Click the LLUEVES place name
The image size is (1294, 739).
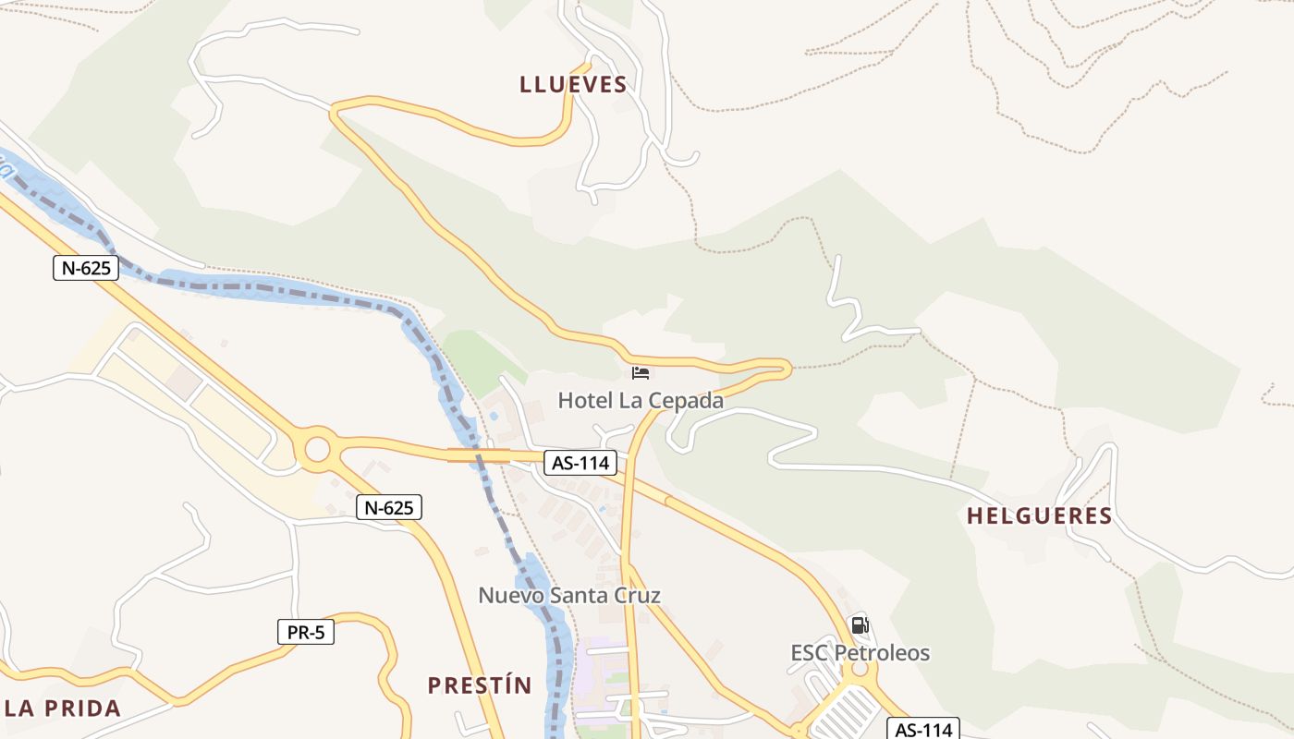point(573,85)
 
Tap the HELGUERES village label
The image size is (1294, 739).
point(1039,515)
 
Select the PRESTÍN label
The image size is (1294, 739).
point(480,685)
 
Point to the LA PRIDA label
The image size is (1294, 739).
point(63,709)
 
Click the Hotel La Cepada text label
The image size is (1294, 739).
point(641,401)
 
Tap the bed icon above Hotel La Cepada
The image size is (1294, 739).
point(641,373)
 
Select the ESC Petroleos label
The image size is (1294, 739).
point(860,653)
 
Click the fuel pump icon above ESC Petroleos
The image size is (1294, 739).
point(860,625)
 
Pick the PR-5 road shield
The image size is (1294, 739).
point(306,633)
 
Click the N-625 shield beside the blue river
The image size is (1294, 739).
point(86,269)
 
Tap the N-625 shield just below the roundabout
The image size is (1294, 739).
point(389,507)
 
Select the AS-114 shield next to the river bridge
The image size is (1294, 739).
point(580,463)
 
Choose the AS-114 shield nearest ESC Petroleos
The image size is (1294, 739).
point(924,729)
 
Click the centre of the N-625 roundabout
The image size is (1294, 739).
point(317,450)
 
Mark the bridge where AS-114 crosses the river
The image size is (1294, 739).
point(479,454)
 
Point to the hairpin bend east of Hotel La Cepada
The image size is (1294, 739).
point(784,369)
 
